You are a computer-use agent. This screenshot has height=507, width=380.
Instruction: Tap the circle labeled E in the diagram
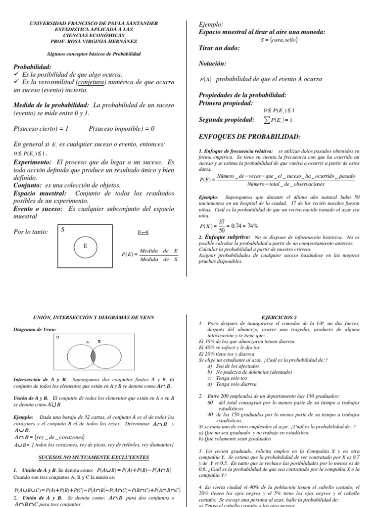click(85, 246)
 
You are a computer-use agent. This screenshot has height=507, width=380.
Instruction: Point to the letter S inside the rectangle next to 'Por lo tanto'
click(63, 230)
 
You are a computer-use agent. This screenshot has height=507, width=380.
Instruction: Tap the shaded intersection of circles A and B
click(93, 355)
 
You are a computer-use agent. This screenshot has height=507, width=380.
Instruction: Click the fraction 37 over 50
click(222, 226)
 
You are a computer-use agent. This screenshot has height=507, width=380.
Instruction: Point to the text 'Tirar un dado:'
click(219, 48)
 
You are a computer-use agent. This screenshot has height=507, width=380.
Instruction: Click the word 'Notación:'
click(212, 63)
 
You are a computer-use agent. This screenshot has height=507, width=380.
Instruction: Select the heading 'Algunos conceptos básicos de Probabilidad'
click(94, 53)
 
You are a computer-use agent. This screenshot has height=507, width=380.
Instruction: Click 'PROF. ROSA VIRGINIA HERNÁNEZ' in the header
click(94, 41)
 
